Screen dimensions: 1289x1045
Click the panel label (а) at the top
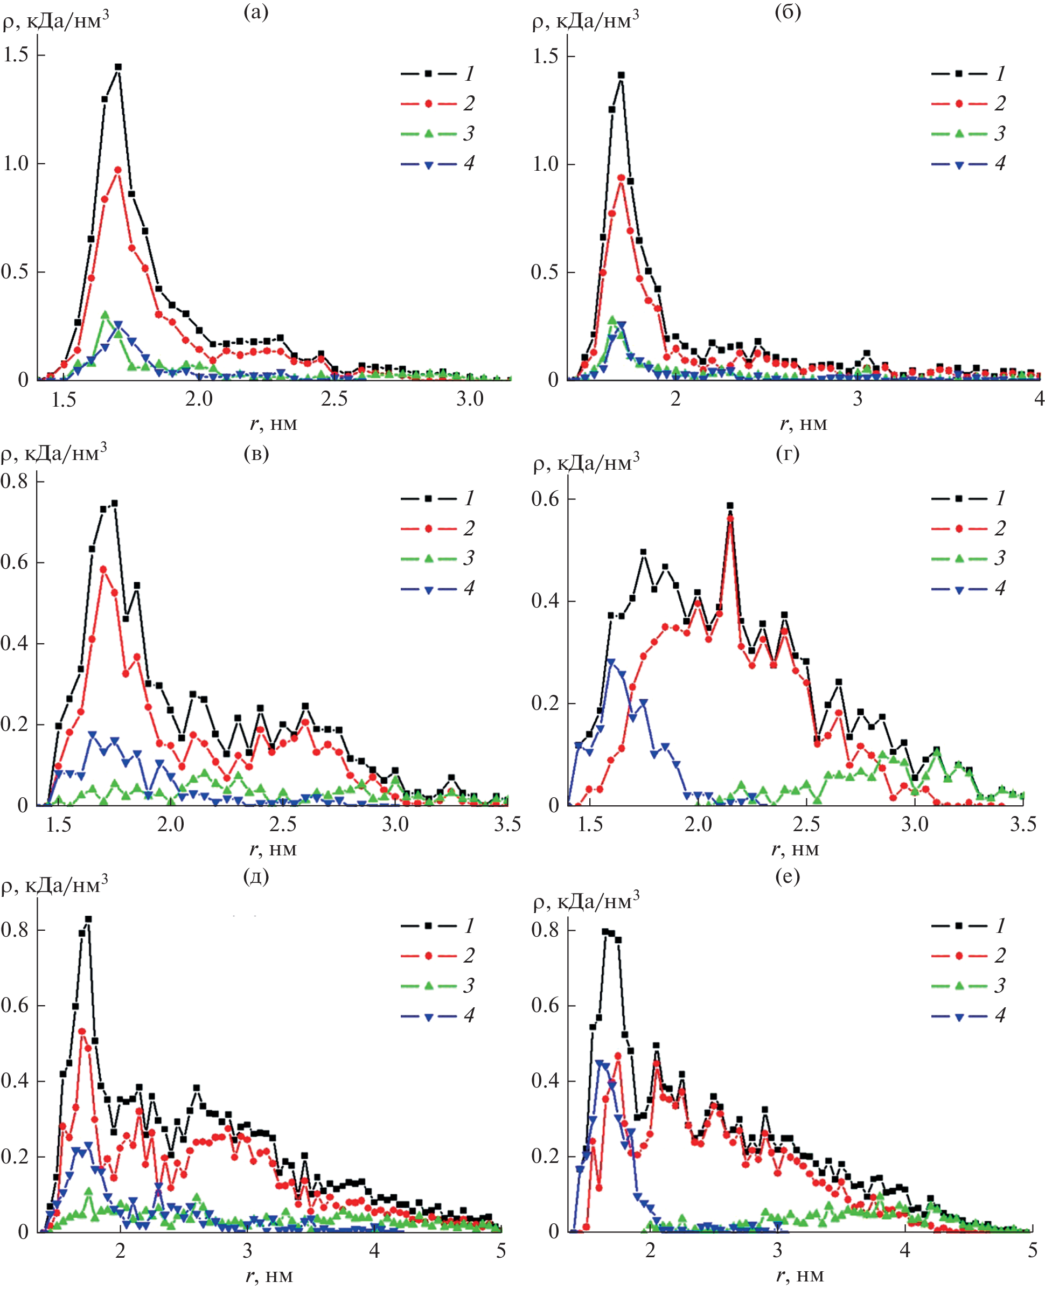[256, 12]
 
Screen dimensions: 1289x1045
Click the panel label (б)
[788, 12]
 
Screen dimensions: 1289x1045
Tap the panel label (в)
[256, 454]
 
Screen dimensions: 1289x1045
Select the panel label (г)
[788, 454]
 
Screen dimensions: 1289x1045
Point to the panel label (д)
[256, 876]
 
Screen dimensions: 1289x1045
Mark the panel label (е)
[788, 876]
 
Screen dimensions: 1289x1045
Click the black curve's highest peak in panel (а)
[118, 67]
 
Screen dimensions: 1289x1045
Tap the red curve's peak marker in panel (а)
[118, 170]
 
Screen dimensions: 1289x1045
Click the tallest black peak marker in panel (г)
[730, 506]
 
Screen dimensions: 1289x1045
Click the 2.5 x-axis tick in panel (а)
[334, 399]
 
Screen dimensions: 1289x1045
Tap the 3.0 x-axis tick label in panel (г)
[915, 824]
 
